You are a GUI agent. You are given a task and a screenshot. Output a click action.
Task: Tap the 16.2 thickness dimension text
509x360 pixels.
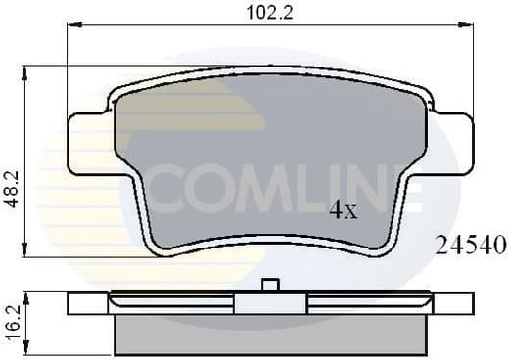[13, 321]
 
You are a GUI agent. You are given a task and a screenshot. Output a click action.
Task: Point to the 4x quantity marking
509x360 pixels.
[343, 208]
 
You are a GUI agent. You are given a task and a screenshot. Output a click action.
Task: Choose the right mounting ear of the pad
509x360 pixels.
[453, 143]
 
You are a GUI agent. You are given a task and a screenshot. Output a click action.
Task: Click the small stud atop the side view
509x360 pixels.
[272, 286]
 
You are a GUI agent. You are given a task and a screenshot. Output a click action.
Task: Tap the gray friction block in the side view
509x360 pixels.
[270, 333]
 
